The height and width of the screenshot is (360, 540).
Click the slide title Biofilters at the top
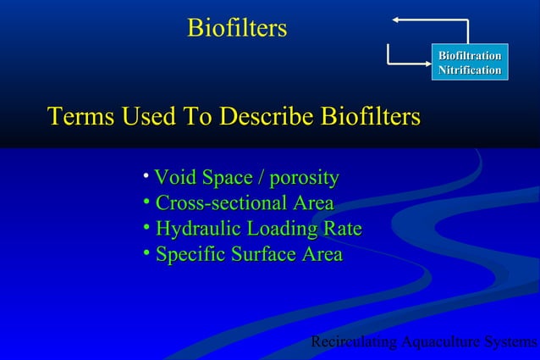click(237, 29)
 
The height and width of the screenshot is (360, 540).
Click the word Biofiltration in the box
click(469, 56)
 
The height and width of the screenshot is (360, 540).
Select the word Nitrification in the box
click(469, 69)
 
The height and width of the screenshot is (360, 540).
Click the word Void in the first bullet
click(173, 178)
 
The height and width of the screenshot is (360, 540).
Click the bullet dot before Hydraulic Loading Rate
click(146, 227)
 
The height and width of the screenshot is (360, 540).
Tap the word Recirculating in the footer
click(354, 342)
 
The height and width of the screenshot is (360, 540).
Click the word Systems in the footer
click(510, 342)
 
